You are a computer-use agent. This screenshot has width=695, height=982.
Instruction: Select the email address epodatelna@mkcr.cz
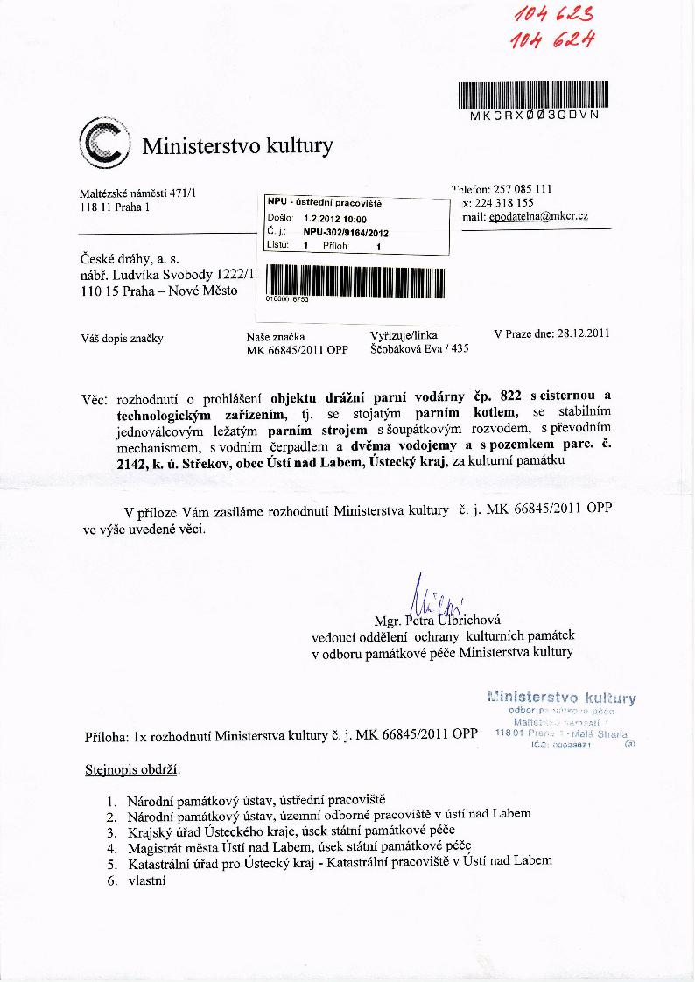(x=537, y=215)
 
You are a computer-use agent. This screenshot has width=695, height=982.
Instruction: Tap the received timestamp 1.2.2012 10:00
(x=335, y=219)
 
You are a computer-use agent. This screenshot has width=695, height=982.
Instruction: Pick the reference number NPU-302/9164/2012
(x=346, y=233)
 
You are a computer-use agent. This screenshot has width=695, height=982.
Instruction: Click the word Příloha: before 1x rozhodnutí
(x=106, y=736)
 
